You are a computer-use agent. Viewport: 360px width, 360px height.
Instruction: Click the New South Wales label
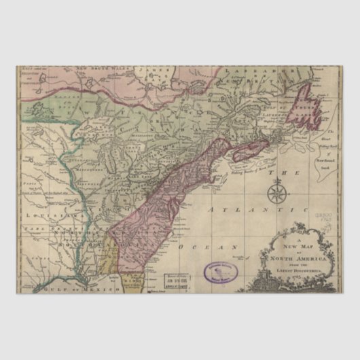(x=103, y=69)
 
